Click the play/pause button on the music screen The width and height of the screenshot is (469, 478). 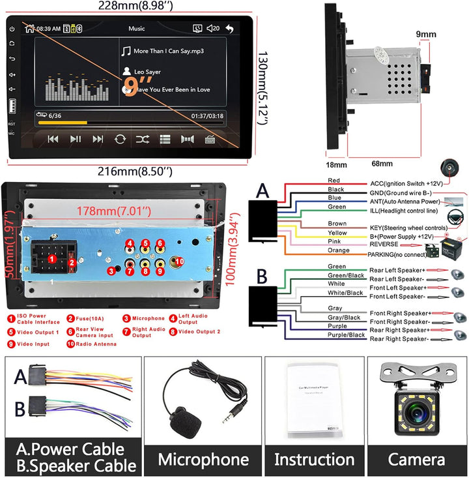(x=76, y=139)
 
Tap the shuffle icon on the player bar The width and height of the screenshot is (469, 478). (x=142, y=139)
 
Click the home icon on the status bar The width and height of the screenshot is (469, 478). (x=28, y=29)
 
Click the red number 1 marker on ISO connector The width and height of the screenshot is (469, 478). (x=51, y=259)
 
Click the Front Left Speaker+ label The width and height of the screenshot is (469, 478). (x=398, y=287)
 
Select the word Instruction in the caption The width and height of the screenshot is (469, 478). (x=314, y=458)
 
